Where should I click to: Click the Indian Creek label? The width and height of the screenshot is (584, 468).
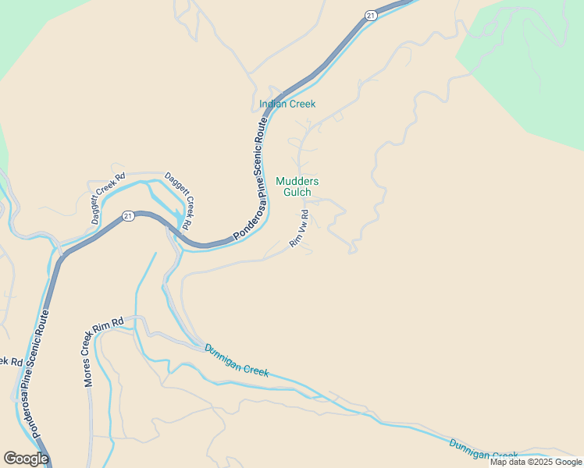287,104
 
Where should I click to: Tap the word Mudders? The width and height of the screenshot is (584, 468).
297,181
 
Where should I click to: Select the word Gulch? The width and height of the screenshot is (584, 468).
297,192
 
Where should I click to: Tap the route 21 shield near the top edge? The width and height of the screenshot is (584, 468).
370,16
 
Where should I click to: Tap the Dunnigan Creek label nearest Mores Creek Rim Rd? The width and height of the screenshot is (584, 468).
237,360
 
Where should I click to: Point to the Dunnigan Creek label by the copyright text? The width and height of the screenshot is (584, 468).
483,450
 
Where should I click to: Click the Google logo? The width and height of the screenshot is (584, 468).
26,459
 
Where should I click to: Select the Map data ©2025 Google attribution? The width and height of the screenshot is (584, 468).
536,462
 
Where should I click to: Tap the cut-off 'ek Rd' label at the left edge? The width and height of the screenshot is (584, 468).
9,361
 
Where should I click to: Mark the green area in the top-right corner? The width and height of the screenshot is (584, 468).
531,62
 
